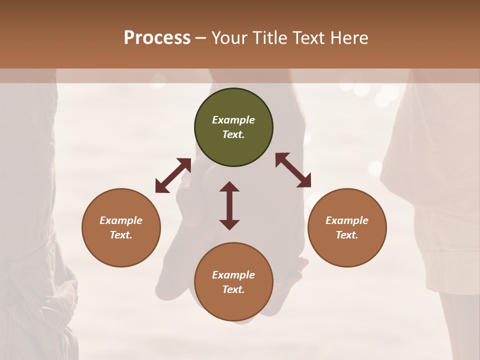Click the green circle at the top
[233, 127]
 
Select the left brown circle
[121, 227]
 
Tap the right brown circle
[346, 227]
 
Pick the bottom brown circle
[233, 282]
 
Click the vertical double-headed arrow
[229, 205]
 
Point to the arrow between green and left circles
[173, 175]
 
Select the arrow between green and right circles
[293, 170]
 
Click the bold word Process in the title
[157, 37]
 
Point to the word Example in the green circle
[233, 120]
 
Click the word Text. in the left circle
[121, 235]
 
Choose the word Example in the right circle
[346, 220]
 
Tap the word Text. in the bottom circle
[233, 289]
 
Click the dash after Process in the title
[201, 38]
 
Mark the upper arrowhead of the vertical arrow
[229, 187]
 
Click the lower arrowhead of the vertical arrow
[229, 224]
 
